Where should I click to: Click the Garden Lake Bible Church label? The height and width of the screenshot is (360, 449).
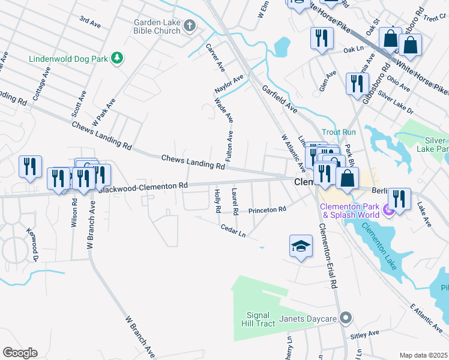(x=157, y=26)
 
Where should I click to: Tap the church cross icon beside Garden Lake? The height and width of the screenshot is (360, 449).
(x=190, y=25)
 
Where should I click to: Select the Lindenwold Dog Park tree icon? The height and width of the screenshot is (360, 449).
(x=119, y=58)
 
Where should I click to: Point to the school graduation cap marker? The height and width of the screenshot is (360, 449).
(x=301, y=247)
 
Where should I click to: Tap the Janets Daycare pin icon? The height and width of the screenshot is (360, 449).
(x=345, y=317)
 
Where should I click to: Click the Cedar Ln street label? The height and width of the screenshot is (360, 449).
(x=234, y=230)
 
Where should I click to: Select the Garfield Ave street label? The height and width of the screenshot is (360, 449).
(x=280, y=99)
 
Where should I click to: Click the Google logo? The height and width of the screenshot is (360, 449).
(x=20, y=352)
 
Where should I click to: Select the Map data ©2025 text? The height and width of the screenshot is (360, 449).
(x=423, y=355)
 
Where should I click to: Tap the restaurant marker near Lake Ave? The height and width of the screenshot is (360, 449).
(x=399, y=199)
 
